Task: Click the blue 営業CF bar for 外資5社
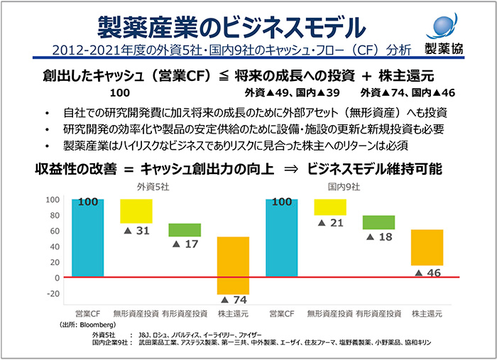pyautogui.click(x=87, y=238)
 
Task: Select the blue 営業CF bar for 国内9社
pyautogui.click(x=282, y=238)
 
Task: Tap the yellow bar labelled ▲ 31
pyautogui.click(x=136, y=211)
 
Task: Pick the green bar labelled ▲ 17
pyautogui.click(x=185, y=229)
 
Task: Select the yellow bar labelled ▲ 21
pyautogui.click(x=330, y=207)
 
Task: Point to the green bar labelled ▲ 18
pyautogui.click(x=378, y=222)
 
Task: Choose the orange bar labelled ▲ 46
pyautogui.click(x=427, y=247)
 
